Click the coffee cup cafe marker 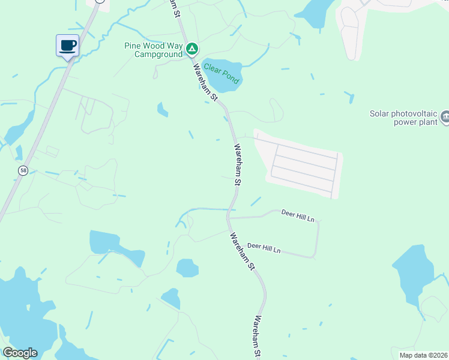point(68,45)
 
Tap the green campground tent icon point(191,49)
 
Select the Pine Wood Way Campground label point(153,50)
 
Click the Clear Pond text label point(221,73)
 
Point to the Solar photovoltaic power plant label point(403,118)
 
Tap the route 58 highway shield point(23,171)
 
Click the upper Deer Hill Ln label point(298,217)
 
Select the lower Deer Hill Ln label point(264,247)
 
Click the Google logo point(20,353)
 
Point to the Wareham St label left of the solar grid point(238,164)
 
